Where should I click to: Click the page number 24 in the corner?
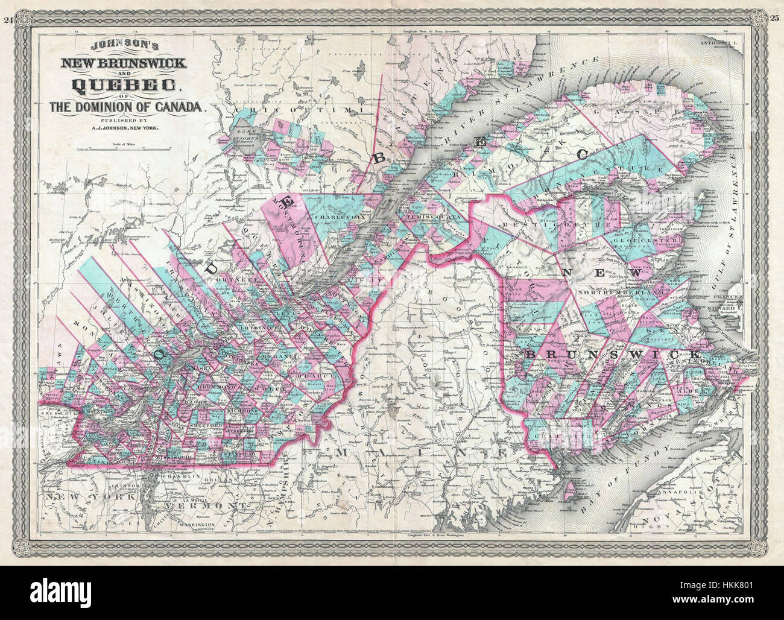pos(8,5)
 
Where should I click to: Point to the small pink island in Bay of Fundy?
pos(566,495)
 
